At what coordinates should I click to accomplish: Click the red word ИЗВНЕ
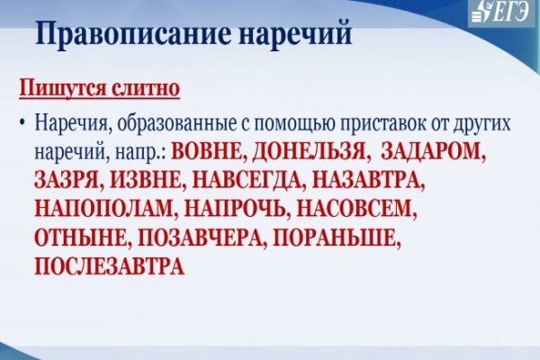point(148,179)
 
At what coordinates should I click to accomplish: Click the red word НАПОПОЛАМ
point(103,209)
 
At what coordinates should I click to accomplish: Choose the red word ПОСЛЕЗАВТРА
point(109,268)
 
